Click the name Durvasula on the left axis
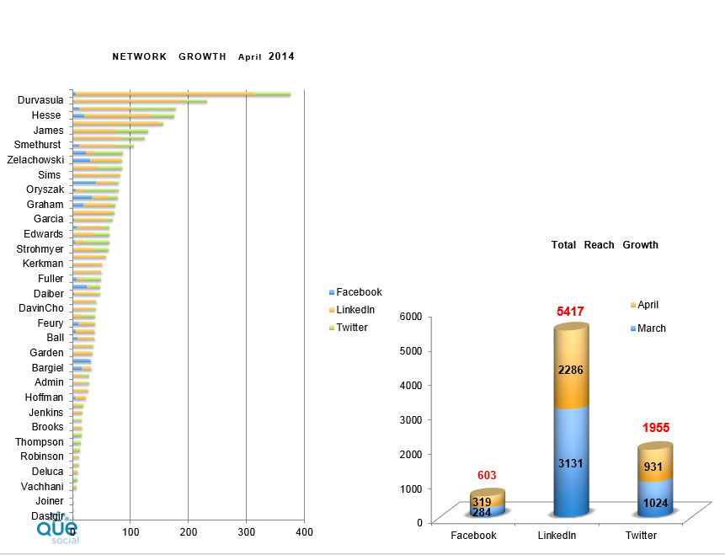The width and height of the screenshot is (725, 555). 40,100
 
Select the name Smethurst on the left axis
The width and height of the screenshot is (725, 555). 39,145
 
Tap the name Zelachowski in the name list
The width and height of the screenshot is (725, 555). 35,160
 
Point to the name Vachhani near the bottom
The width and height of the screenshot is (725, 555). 42,486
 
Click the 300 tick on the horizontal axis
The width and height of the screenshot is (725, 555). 247,532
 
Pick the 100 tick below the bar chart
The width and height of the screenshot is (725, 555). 131,532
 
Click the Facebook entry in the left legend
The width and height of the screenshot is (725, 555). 359,292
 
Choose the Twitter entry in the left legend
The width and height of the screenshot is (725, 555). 352,328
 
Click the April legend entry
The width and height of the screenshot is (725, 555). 648,305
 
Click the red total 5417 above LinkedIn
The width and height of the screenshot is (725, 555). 570,312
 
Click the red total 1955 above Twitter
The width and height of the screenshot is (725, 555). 656,428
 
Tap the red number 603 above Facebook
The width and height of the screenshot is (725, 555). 488,476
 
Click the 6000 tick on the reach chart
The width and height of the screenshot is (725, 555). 410,316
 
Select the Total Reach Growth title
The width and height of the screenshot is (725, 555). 605,245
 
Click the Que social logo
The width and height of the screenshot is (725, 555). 57,531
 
